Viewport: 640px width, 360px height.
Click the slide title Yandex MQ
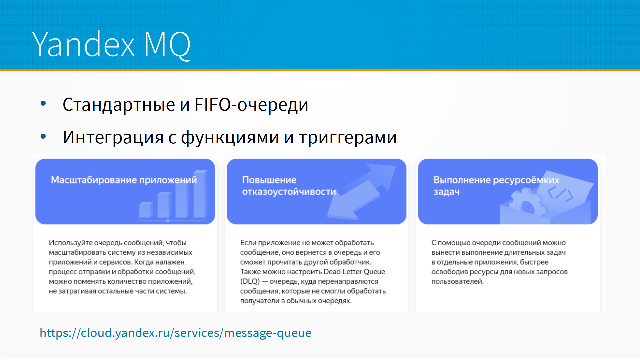(111, 44)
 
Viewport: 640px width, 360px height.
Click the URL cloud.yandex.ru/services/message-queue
(176, 333)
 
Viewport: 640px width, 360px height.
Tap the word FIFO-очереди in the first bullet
(251, 104)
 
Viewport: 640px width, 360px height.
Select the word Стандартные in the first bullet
(119, 105)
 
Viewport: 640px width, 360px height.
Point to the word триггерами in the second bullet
(348, 137)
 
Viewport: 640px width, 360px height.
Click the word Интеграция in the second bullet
(113, 137)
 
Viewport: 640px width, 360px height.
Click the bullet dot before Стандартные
(43, 103)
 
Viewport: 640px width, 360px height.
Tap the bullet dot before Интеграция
(43, 136)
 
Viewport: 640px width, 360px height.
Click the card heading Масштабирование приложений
(124, 180)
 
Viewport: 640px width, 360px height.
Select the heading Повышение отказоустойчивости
(289, 186)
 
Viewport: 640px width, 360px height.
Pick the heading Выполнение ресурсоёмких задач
(496, 186)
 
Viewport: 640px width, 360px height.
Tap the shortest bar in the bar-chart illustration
(146, 210)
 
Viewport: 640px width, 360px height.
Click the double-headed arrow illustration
(362, 191)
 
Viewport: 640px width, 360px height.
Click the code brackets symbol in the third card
(560, 193)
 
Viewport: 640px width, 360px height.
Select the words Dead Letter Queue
(354, 272)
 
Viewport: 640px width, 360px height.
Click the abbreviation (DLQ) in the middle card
(250, 281)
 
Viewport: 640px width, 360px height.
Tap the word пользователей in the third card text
(457, 281)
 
